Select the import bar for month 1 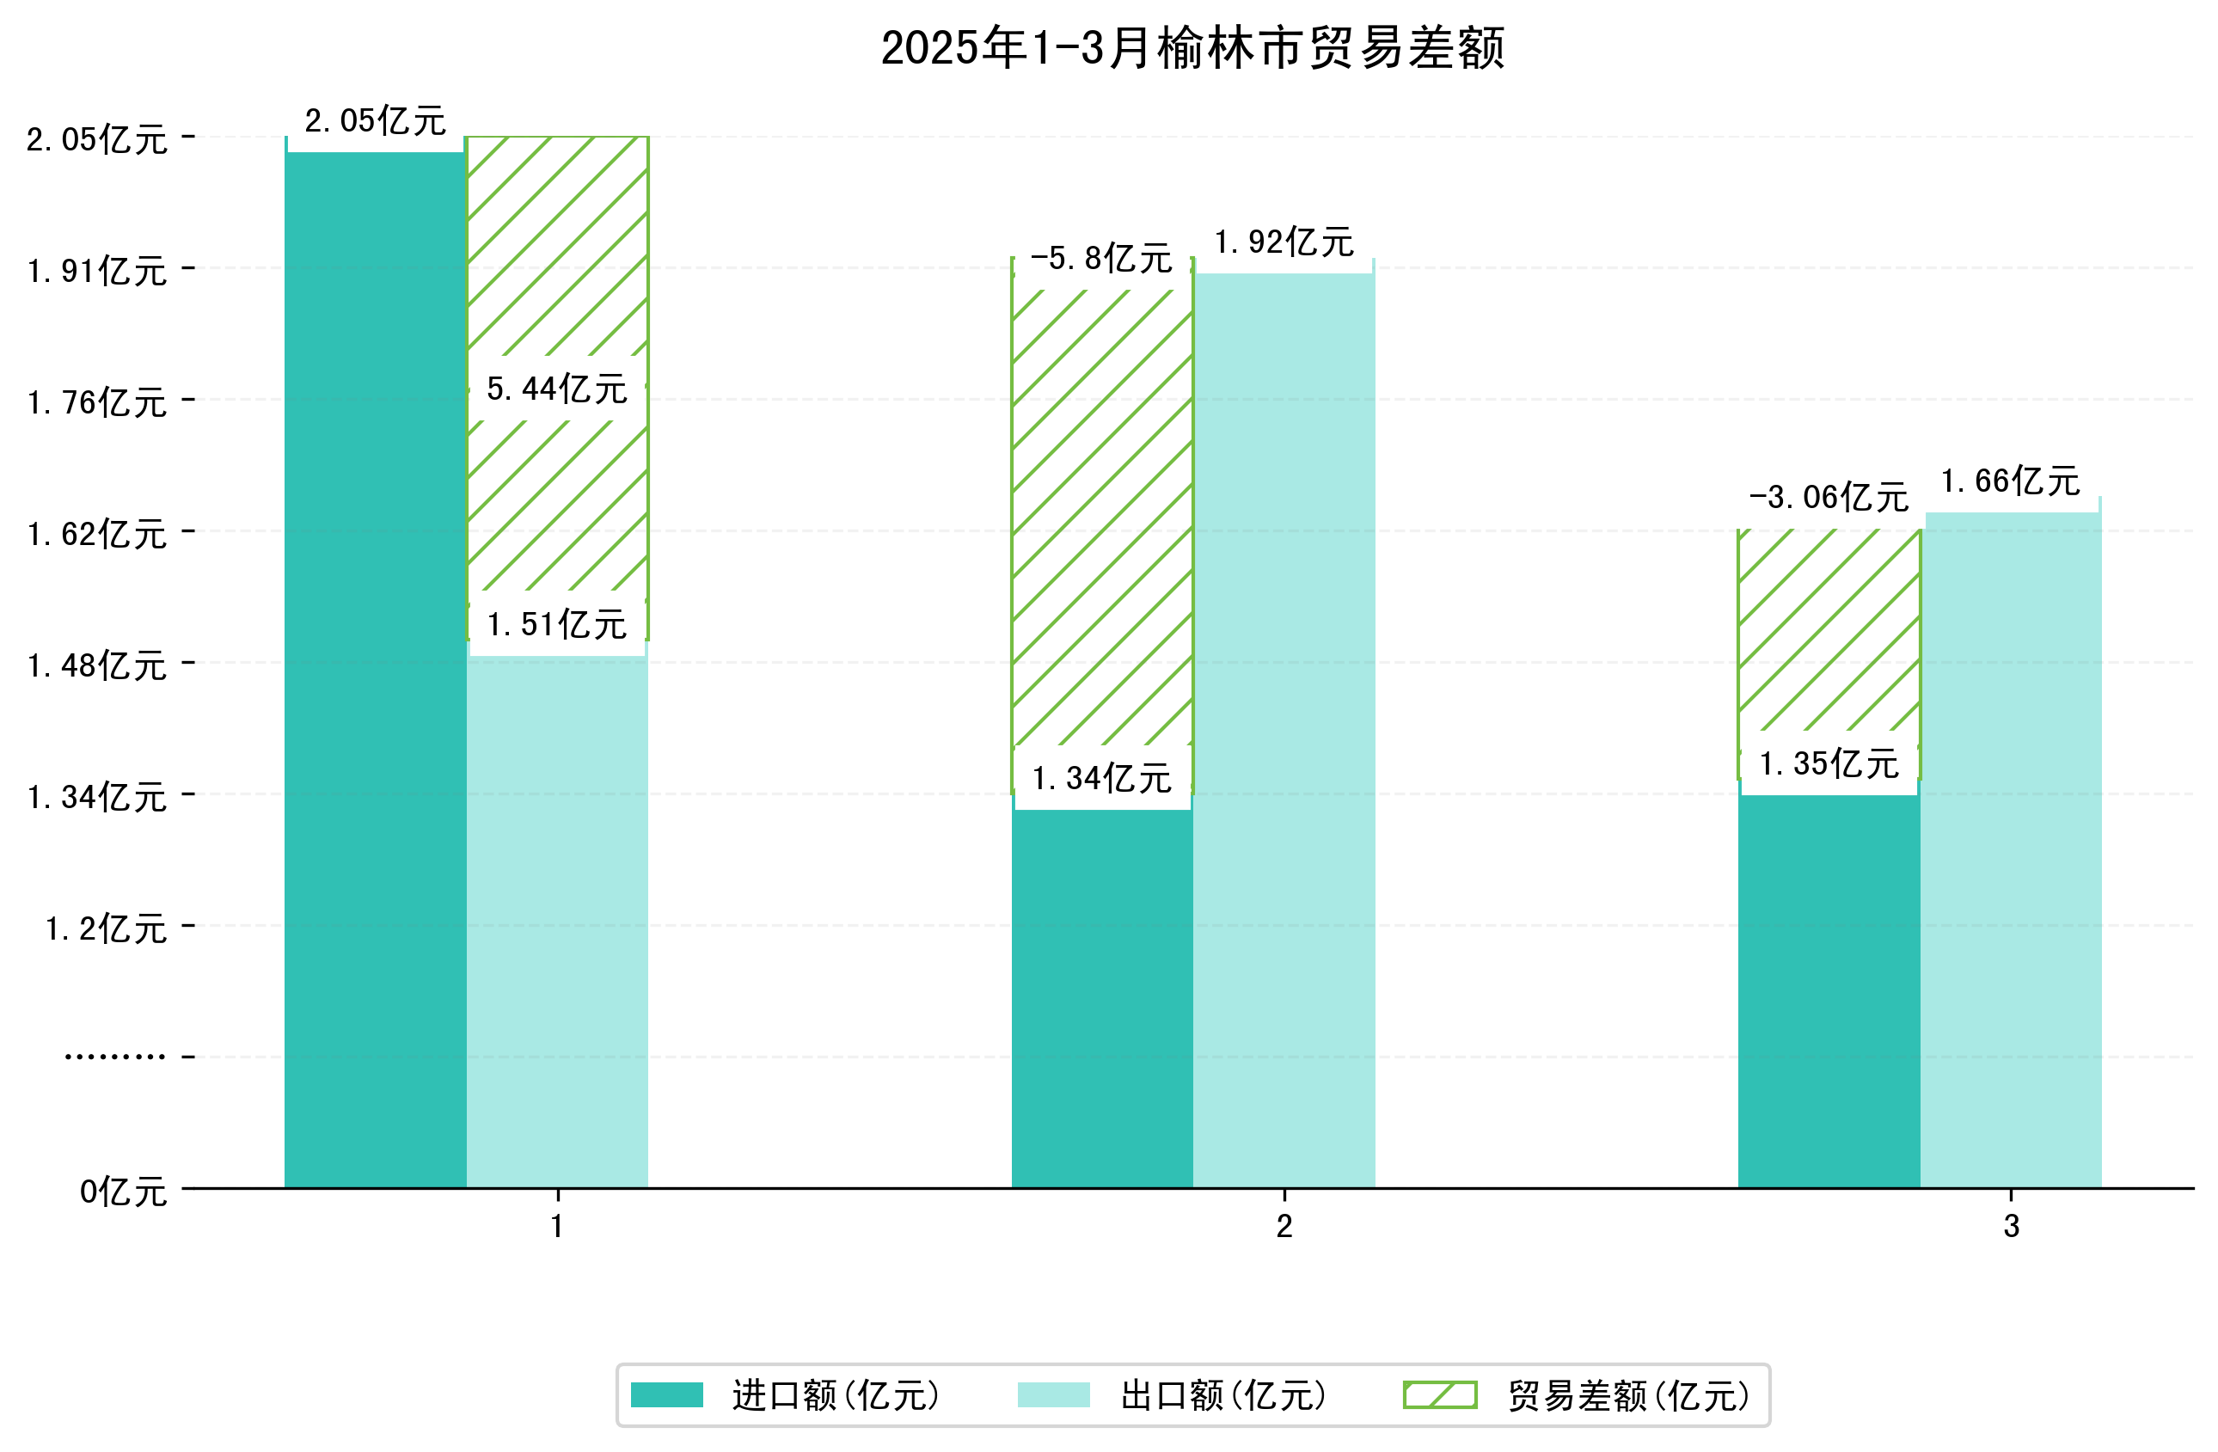[375, 671]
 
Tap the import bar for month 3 [1829, 988]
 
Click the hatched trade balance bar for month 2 [1101, 522]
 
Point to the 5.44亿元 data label [557, 389]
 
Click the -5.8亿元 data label [1101, 258]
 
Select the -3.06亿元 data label [1829, 497]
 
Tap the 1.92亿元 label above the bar [1284, 242]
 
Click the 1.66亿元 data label [2010, 481]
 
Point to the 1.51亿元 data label [557, 624]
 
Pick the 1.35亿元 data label [1829, 763]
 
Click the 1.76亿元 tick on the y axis [97, 402]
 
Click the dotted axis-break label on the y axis [114, 1057]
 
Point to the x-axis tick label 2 [1284, 1227]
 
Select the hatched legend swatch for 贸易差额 [1440, 1395]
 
